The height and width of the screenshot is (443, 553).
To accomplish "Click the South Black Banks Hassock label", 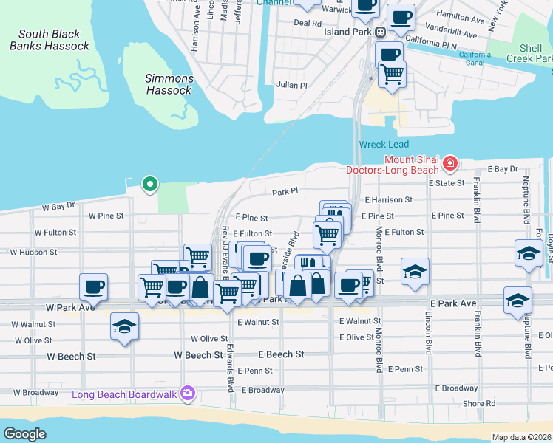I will [50, 40].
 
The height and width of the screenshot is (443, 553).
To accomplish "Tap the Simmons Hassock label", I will [169, 84].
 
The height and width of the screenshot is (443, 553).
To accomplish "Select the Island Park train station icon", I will [380, 32].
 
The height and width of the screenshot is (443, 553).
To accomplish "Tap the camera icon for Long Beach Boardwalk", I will [188, 394].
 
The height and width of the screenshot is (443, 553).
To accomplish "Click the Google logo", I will [24, 434].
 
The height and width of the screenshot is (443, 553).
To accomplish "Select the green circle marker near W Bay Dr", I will [149, 183].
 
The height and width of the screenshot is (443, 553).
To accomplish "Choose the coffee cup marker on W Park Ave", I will [93, 286].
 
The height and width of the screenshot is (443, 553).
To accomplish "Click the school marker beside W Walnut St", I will [124, 327].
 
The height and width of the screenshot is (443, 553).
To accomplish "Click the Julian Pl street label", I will [291, 85].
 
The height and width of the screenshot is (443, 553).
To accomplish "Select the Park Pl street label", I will [285, 191].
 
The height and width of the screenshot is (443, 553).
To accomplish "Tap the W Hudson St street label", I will [33, 252].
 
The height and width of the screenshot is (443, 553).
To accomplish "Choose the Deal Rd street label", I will [307, 23].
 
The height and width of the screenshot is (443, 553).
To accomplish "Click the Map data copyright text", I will [522, 437].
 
